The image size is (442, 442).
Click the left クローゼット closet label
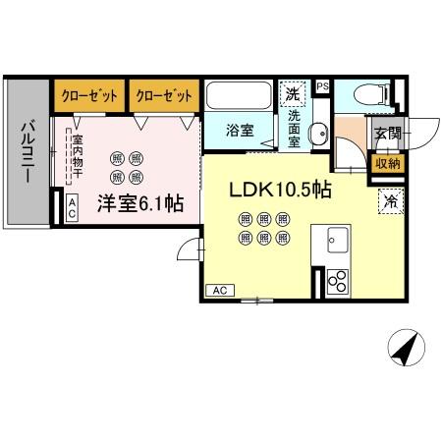(88, 95)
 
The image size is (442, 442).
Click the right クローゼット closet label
(162, 95)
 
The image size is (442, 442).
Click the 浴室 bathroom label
(240, 129)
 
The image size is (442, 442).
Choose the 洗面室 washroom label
(296, 128)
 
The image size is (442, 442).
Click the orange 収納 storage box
(384, 163)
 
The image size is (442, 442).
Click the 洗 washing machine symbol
(293, 94)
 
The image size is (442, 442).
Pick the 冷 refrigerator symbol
(391, 203)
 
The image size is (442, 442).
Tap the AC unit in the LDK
(220, 290)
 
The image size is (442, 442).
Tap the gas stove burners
(337, 281)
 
